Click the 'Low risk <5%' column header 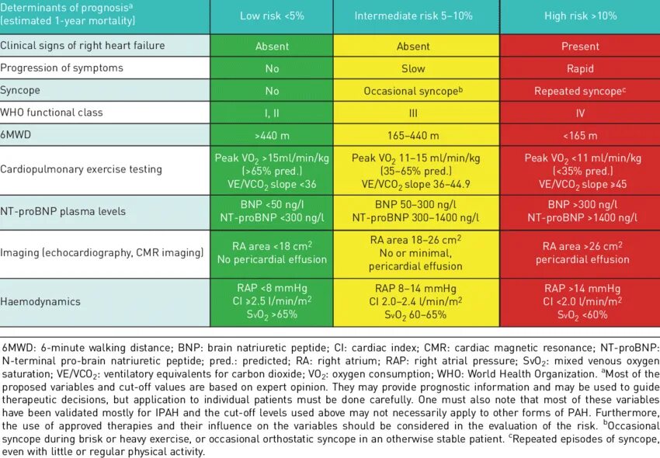click(272, 16)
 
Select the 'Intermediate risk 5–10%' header click(413, 16)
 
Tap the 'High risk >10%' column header click(580, 16)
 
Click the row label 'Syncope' click(21, 90)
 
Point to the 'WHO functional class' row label click(51, 113)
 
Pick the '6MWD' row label click(18, 135)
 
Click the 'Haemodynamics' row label click(40, 301)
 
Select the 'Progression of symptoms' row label click(61, 68)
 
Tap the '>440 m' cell click(272, 135)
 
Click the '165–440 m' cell click(413, 135)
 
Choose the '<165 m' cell click(580, 135)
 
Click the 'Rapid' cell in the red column click(580, 68)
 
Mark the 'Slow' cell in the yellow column click(413, 68)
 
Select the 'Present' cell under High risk click(580, 46)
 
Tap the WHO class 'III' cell click(413, 113)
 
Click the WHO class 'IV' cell click(580, 113)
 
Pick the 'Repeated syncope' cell click(578, 91)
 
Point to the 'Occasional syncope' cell click(412, 91)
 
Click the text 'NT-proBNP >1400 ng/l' click(580, 218)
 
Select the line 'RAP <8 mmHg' click(272, 287)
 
